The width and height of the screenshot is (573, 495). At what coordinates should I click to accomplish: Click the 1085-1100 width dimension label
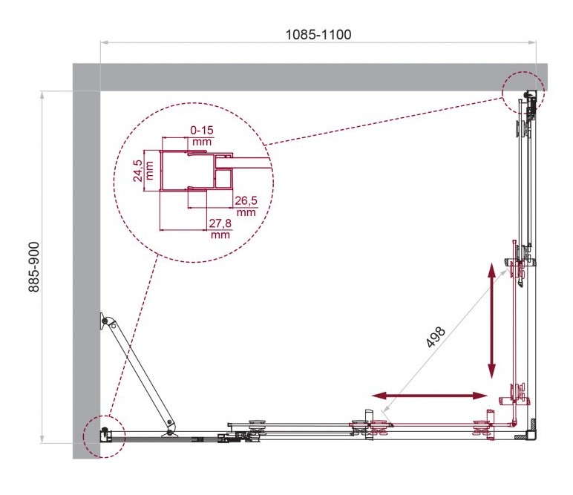pyautogui.click(x=318, y=34)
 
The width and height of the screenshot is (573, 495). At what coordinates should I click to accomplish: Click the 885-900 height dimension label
pyautogui.click(x=33, y=267)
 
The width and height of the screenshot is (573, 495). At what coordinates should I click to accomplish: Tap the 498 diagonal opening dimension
pyautogui.click(x=436, y=336)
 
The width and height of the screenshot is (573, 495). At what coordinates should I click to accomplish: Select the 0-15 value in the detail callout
pyautogui.click(x=202, y=130)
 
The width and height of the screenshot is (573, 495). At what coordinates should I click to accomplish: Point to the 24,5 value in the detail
pyautogui.click(x=138, y=171)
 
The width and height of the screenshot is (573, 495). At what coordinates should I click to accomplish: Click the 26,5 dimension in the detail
pyautogui.click(x=246, y=200)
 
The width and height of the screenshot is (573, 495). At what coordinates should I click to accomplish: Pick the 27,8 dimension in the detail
pyautogui.click(x=220, y=223)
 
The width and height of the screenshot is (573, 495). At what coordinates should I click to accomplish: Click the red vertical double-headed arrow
pyautogui.click(x=492, y=321)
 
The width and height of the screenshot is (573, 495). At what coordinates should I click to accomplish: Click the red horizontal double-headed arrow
pyautogui.click(x=430, y=396)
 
